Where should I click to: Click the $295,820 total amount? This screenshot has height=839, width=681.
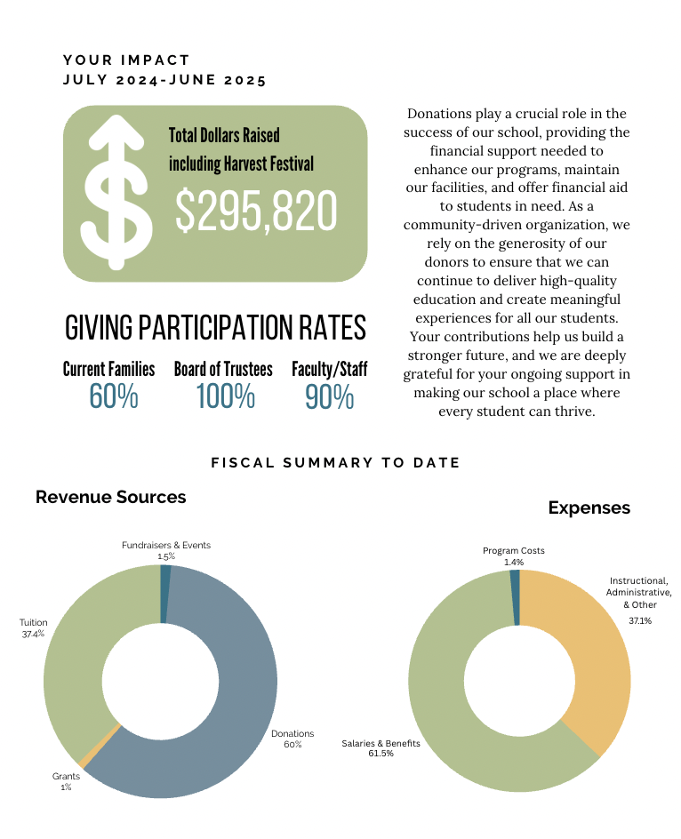[x=256, y=212]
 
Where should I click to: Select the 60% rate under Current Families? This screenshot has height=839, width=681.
[x=114, y=396]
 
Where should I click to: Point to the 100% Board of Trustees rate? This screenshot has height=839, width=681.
[x=225, y=396]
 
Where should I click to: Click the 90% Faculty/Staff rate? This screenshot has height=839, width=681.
[x=329, y=396]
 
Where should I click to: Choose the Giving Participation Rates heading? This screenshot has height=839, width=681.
[x=215, y=328]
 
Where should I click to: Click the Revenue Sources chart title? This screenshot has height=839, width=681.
[x=110, y=497]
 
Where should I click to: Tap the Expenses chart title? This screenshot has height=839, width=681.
[x=589, y=507]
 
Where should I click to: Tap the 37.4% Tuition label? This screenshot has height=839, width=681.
[x=34, y=629]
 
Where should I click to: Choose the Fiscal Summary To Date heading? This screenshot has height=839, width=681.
[x=335, y=463]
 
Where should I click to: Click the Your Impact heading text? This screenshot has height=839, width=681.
[x=126, y=60]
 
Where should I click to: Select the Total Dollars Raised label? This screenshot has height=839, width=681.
[x=224, y=135]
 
